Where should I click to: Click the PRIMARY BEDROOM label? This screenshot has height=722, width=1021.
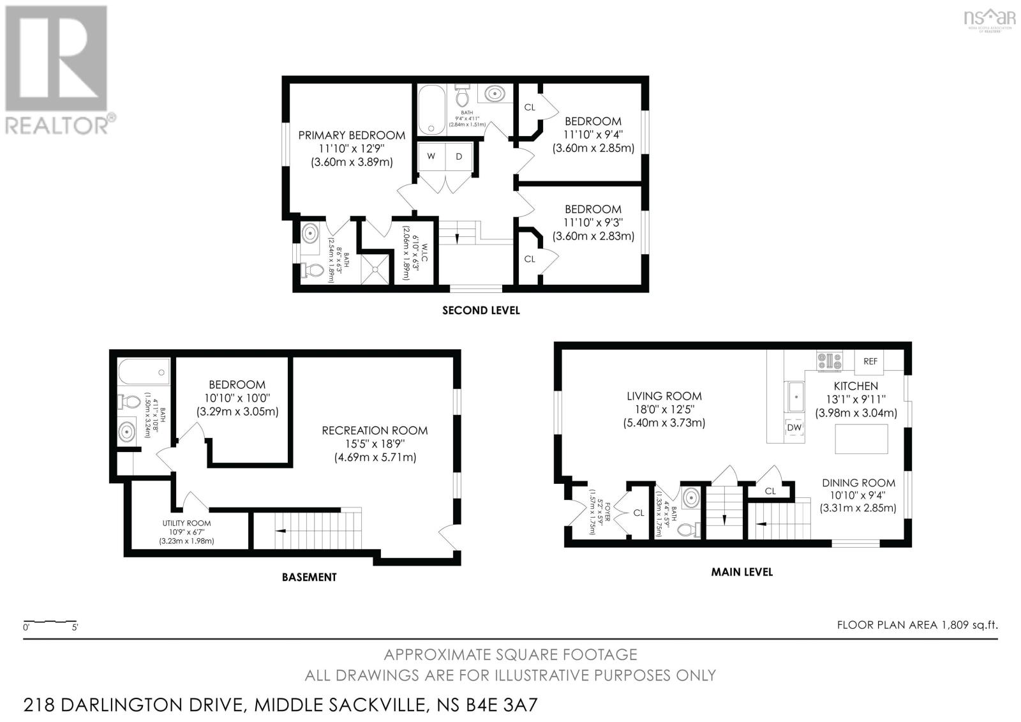coord(352,135)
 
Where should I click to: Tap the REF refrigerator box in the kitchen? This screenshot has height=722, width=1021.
coord(870,361)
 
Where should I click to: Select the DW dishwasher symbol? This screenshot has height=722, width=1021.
coord(794,428)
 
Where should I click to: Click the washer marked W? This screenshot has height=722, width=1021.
coord(431,157)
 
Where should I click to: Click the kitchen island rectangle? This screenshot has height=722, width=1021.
coord(861,439)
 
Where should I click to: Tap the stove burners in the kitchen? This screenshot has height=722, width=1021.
coord(829,361)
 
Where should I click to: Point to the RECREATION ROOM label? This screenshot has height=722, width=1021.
coord(375,431)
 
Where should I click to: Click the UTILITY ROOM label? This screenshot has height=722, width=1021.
coord(186,523)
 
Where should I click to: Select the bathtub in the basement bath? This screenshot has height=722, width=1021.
coord(144,371)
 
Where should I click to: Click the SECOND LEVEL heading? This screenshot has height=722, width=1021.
coord(481,311)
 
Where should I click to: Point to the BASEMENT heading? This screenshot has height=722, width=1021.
coord(309,577)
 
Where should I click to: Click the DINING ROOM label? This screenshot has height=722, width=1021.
coord(858,483)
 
